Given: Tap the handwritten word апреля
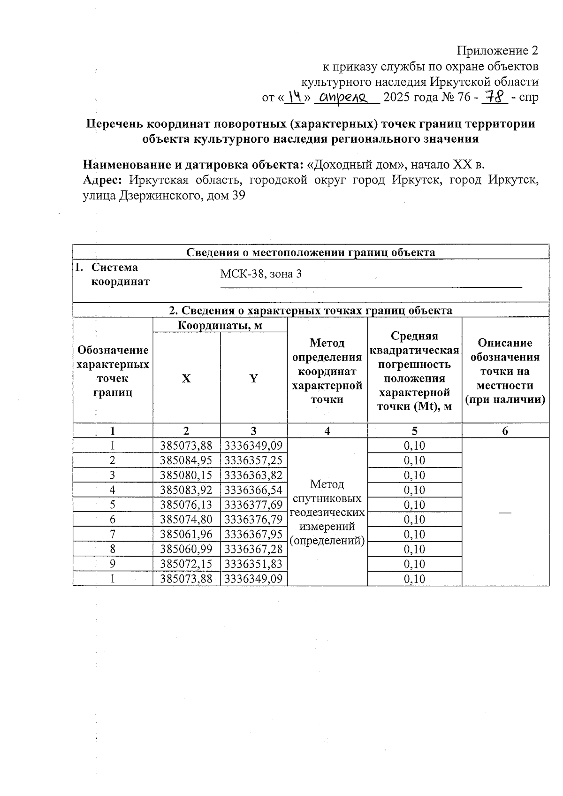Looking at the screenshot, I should pos(346,98).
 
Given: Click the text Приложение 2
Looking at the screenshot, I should pos(497,51).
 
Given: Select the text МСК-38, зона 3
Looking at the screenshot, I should pos(261,274).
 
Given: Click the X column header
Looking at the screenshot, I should pos(186,378).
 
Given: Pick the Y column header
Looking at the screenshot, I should pos(253,378).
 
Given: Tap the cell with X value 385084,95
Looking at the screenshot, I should pos(186,460).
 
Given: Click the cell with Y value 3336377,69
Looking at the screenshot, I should pos(253,505).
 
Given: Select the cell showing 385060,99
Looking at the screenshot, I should pos(186,549).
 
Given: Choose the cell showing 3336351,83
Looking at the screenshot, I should pos(253,564).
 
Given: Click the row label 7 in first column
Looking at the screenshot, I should pos(113,534).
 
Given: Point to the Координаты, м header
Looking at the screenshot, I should pos(220,325).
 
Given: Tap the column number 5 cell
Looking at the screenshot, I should pos(414,431).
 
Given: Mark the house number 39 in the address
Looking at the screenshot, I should pos(238,196).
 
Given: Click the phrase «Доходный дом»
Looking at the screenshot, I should pos(356,165).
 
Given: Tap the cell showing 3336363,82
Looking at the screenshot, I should pos(253,475).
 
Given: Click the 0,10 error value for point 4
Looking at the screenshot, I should pos(414,490).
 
